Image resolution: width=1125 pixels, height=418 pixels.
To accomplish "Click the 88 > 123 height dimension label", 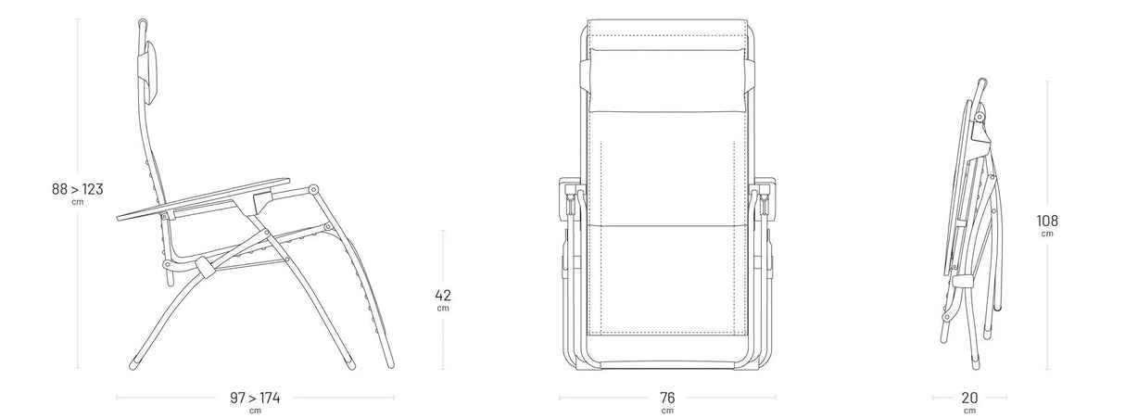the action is (77, 189).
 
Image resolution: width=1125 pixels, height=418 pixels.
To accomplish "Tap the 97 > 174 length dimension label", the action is (255, 398).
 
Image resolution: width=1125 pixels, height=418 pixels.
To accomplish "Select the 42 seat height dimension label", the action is (443, 295).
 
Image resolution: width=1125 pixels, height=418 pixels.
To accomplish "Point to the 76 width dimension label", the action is (667, 398).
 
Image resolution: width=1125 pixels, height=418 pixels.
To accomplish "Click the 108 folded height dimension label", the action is (1047, 221).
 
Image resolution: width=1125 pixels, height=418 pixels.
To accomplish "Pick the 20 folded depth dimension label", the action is (969, 398).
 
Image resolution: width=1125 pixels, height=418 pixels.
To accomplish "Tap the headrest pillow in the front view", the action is (667, 80).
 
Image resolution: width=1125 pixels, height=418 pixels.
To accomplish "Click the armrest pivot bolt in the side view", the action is (313, 190).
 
